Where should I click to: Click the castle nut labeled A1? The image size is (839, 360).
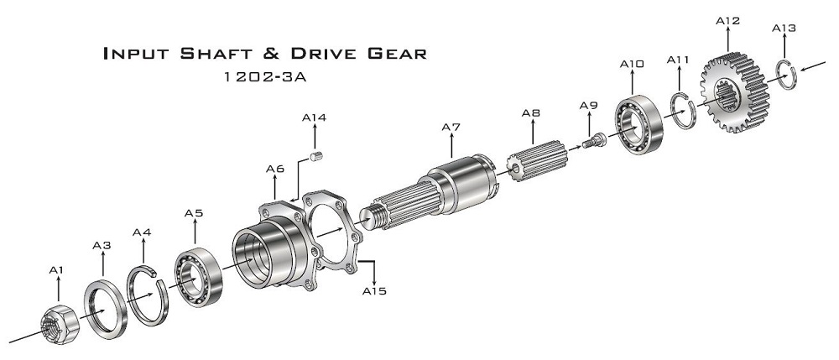click(x=58, y=322)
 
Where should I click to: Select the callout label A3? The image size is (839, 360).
click(x=102, y=245)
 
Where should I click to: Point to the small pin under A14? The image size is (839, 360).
click(x=317, y=154)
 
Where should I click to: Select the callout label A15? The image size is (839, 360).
click(x=374, y=291)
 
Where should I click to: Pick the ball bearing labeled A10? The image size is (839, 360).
click(x=641, y=118)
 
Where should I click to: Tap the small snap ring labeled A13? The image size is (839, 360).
click(x=784, y=75)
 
